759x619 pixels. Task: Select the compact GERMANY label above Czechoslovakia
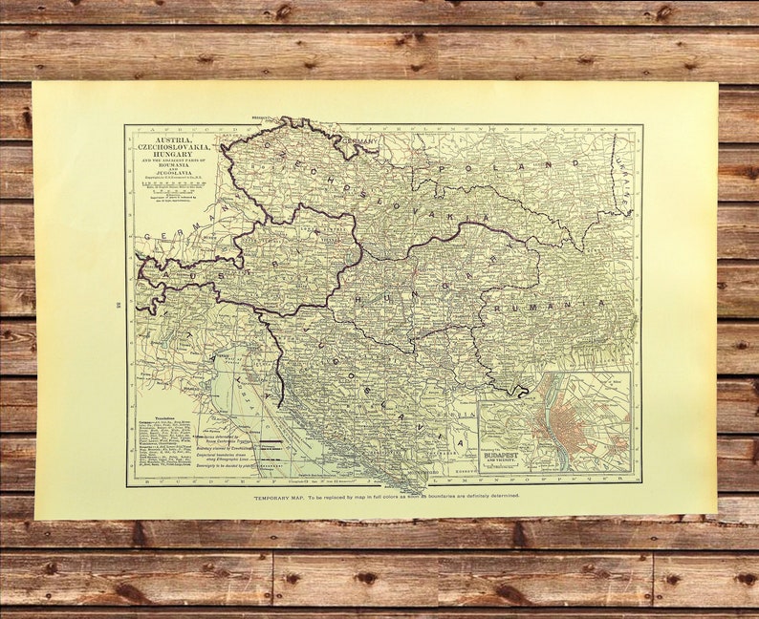click(x=360, y=140)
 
